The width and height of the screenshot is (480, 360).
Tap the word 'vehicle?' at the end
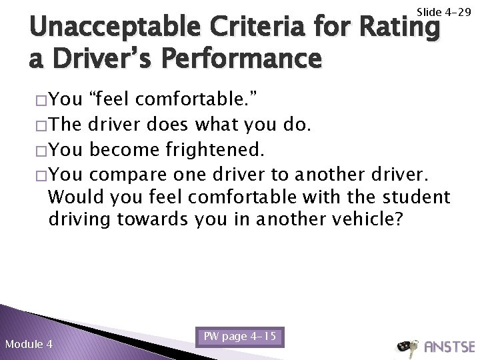368,219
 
